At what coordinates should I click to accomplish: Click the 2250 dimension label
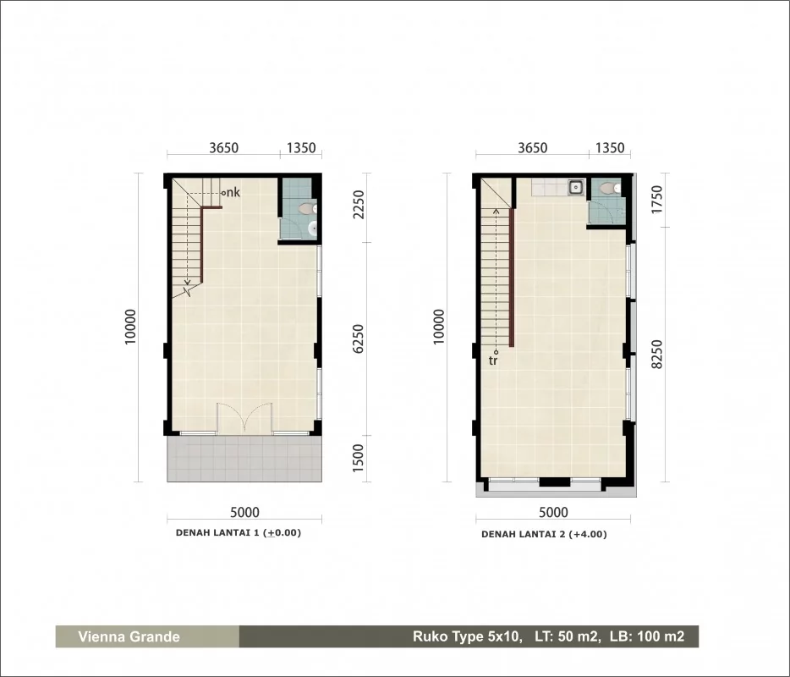coord(359,204)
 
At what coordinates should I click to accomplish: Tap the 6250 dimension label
coord(359,338)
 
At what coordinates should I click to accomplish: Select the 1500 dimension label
coord(359,458)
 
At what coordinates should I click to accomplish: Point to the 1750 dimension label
coord(656,200)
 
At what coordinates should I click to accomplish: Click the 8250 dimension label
coord(656,354)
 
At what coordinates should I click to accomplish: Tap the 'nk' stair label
coord(233,192)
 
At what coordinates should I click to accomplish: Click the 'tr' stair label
coord(493,361)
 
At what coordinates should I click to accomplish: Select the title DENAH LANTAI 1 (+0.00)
coord(239,533)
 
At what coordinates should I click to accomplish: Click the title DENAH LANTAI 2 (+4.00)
coord(544,534)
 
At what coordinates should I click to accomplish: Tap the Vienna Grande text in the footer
coord(129,636)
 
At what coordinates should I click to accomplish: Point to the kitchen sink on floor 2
coord(575,188)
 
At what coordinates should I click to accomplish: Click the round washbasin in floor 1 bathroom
coord(312,229)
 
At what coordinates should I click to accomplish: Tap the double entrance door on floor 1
coord(244,417)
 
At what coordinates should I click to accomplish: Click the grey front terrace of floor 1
coord(244,459)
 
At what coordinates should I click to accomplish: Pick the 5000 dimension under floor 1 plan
coord(244,513)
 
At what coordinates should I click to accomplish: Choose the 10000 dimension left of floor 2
coord(439,327)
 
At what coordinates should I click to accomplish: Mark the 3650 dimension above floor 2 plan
coord(533,148)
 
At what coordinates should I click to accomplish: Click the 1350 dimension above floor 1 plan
coord(301,148)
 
